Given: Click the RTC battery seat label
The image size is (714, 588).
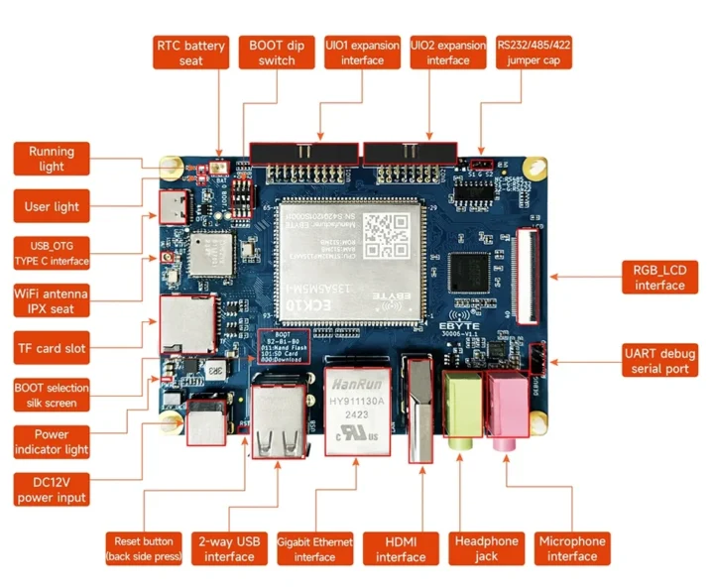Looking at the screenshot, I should point(191,53).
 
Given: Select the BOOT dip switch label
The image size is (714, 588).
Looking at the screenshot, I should point(277,53).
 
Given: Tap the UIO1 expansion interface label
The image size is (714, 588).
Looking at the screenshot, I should point(362,53).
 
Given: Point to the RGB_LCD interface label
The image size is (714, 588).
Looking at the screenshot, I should point(658,278).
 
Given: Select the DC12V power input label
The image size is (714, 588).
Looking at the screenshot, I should point(52,489).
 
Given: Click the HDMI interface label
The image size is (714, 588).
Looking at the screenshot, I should point(401,548).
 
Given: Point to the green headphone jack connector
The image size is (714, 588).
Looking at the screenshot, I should point(463,408).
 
